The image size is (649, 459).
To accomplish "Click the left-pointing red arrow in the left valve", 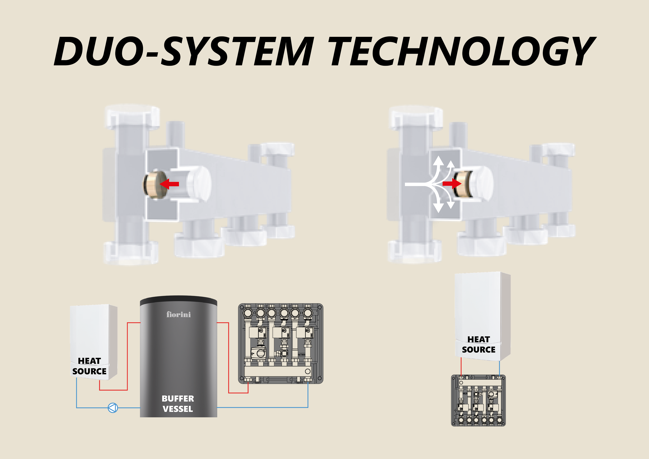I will [170, 184].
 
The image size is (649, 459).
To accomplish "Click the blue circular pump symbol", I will [113, 408].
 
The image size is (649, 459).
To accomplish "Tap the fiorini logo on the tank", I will [178, 314].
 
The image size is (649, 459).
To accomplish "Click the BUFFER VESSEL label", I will [178, 404].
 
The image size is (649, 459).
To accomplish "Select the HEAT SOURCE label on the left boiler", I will [89, 366].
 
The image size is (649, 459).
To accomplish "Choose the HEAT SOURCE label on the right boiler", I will [479, 344].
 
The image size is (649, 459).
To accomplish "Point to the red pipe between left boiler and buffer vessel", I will [127, 356].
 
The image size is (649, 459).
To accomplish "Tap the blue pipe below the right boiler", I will [500, 368].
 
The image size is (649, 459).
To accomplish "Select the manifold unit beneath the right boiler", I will [478, 400].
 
